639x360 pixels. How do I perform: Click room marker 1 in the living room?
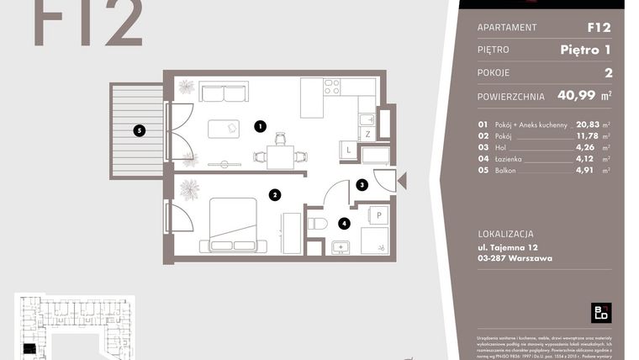click(x=261, y=128)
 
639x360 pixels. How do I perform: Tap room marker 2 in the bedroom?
click(x=274, y=194)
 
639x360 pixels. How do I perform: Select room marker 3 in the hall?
click(x=362, y=184)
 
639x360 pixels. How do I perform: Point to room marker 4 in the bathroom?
click(x=343, y=224)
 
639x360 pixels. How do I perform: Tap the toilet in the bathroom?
click(x=317, y=223)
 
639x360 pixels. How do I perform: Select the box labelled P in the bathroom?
click(x=378, y=215)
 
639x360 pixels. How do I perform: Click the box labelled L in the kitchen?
click(x=349, y=151)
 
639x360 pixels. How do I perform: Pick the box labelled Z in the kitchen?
click(x=367, y=133)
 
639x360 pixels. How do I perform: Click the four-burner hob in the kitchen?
click(x=331, y=87)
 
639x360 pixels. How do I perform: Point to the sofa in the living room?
click(x=224, y=91)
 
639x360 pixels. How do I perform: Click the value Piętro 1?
click(x=585, y=50)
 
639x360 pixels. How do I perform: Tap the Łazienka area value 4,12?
click(x=587, y=158)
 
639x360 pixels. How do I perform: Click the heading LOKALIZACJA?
click(x=505, y=234)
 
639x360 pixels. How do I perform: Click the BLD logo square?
click(x=601, y=312)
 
